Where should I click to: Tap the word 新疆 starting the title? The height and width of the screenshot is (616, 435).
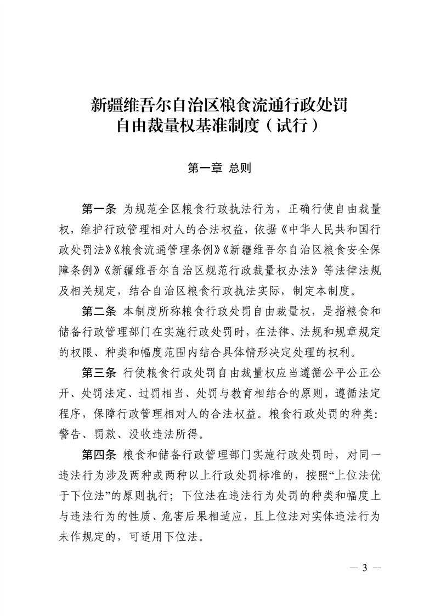pos(104,104)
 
